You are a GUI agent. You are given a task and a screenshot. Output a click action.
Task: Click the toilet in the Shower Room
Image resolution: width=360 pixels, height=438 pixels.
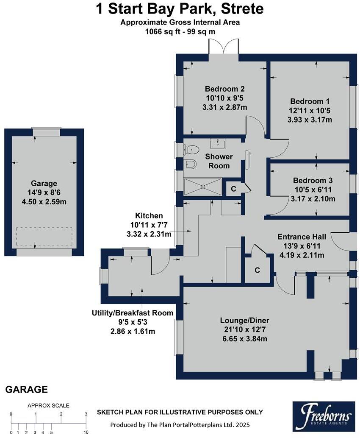coord(191,149)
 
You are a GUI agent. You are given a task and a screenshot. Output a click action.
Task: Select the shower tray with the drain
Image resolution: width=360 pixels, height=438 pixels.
coord(202,186)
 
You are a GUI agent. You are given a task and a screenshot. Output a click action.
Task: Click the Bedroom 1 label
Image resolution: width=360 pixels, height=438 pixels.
coord(310,102)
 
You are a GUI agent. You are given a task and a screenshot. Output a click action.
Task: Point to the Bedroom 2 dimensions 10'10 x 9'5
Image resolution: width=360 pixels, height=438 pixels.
coord(224,98)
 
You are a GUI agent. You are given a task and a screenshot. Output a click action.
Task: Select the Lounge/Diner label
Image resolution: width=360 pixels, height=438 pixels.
coord(244,320)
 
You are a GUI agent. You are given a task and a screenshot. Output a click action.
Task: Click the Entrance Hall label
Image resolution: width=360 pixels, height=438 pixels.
coord(301,237)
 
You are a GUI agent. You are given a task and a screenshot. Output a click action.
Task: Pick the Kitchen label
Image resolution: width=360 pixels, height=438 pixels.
coord(149,216)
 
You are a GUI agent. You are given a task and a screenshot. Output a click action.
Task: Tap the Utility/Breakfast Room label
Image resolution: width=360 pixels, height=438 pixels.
coord(133,313)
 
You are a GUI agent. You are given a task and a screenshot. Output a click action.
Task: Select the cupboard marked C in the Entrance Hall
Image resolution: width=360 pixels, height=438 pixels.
coord(257,270)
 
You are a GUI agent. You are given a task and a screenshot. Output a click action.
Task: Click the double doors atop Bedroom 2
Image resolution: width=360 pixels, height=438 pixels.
coord(224,47)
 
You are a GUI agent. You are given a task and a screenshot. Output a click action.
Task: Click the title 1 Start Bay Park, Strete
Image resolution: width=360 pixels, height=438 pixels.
coord(180,9)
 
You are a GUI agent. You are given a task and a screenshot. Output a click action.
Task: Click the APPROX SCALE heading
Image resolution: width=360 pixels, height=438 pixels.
coord(48,405)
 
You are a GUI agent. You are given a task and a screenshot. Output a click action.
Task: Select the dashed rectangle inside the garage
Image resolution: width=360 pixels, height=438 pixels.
coord(44,236)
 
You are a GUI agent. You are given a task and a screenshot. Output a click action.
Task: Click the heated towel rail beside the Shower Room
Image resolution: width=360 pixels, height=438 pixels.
coord(248,159)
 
